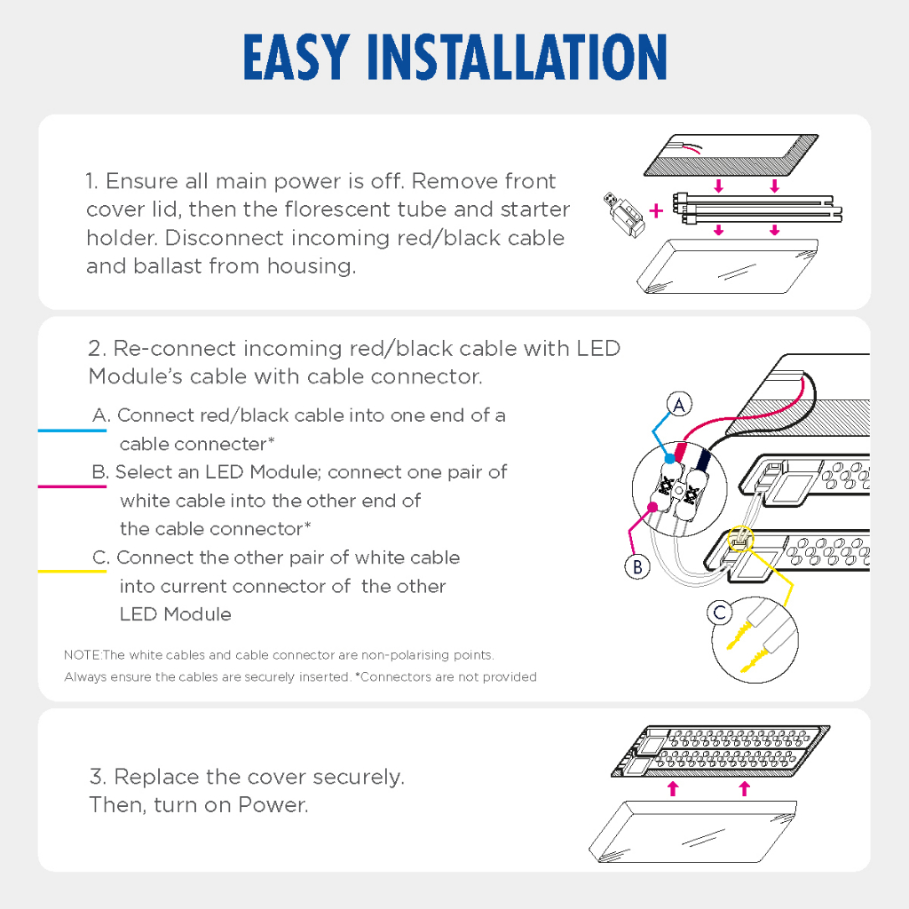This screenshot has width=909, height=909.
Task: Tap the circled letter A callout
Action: click(x=679, y=405)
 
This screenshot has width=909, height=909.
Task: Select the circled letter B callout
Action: click(x=637, y=566)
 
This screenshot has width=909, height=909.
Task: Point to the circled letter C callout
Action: click(x=720, y=613)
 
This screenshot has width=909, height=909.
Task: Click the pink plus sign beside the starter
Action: click(x=656, y=210)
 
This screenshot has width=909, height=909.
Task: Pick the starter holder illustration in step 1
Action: click(x=624, y=215)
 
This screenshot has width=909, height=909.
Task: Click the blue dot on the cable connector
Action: click(x=669, y=459)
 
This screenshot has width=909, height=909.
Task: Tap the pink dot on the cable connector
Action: click(x=652, y=507)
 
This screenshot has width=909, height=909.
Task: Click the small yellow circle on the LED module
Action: click(x=740, y=539)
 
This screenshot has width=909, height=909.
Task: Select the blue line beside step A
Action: click(x=72, y=431)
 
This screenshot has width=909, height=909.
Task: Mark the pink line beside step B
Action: click(x=72, y=486)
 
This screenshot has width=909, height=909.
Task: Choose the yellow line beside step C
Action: click(x=72, y=572)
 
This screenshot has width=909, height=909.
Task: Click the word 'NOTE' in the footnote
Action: click(x=82, y=655)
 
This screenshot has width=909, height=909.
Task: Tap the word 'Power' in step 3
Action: click(x=273, y=805)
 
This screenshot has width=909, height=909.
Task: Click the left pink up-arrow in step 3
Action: click(x=673, y=788)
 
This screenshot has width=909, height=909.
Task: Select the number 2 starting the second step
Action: click(x=96, y=348)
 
